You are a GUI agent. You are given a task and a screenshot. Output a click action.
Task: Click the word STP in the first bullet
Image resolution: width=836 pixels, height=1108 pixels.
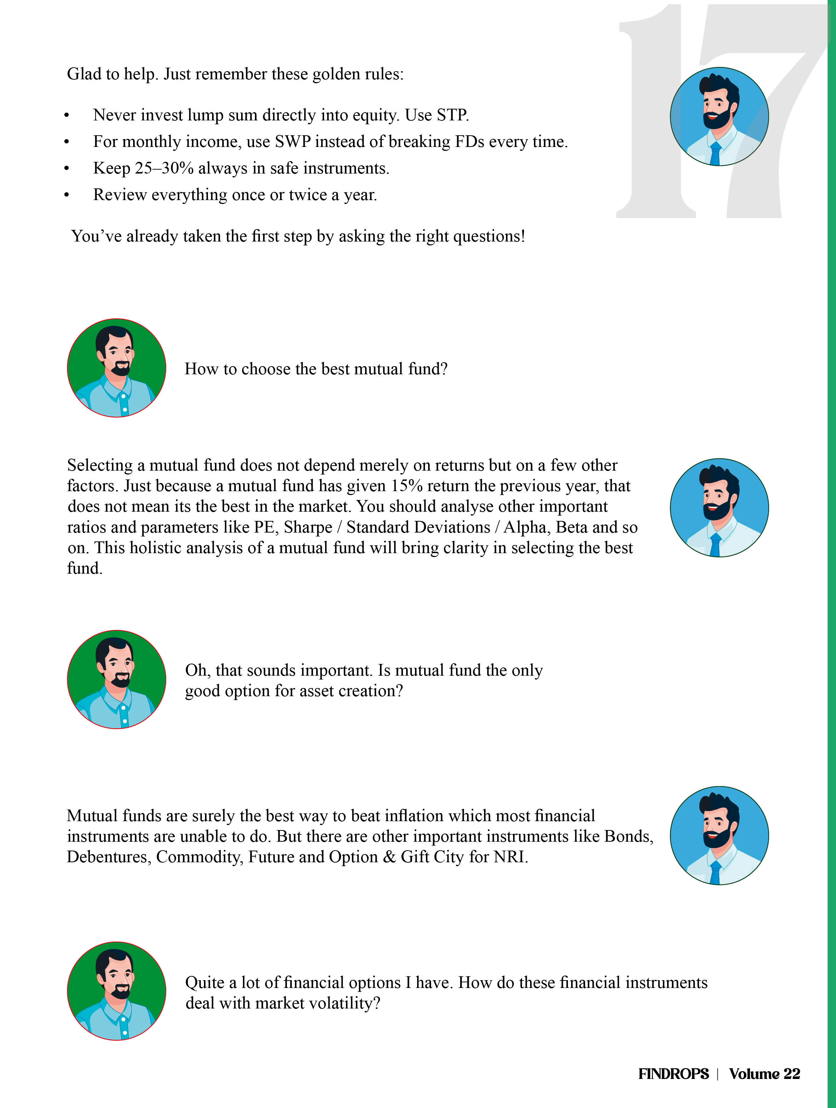coord(452,115)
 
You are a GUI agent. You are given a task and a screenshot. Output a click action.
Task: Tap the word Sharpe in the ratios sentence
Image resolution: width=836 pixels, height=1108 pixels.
coord(308,528)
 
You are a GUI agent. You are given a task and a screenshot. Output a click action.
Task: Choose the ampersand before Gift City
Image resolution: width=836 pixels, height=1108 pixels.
coord(389,857)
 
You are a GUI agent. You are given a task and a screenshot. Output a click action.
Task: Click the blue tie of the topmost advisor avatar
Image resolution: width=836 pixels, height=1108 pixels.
coord(715,153)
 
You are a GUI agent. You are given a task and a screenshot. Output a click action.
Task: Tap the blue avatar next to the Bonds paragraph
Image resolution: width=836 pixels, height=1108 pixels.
coord(719,835)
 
